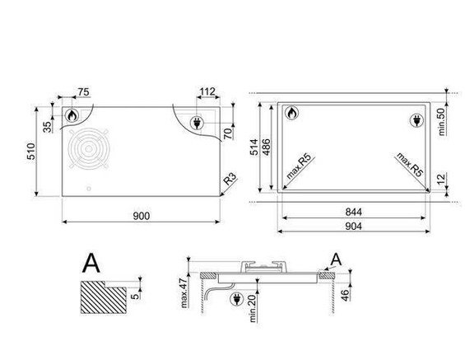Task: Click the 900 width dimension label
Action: coord(142,216)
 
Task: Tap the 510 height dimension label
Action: coord(31,152)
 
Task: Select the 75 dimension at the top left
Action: coord(83,92)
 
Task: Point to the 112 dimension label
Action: coord(207,91)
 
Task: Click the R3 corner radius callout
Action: coord(230,179)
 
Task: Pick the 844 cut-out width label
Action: coord(354,212)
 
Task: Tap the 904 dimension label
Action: coord(354,227)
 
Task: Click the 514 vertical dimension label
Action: coord(254,147)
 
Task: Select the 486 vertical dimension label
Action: coord(266,147)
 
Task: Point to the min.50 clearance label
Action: coord(442,122)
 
